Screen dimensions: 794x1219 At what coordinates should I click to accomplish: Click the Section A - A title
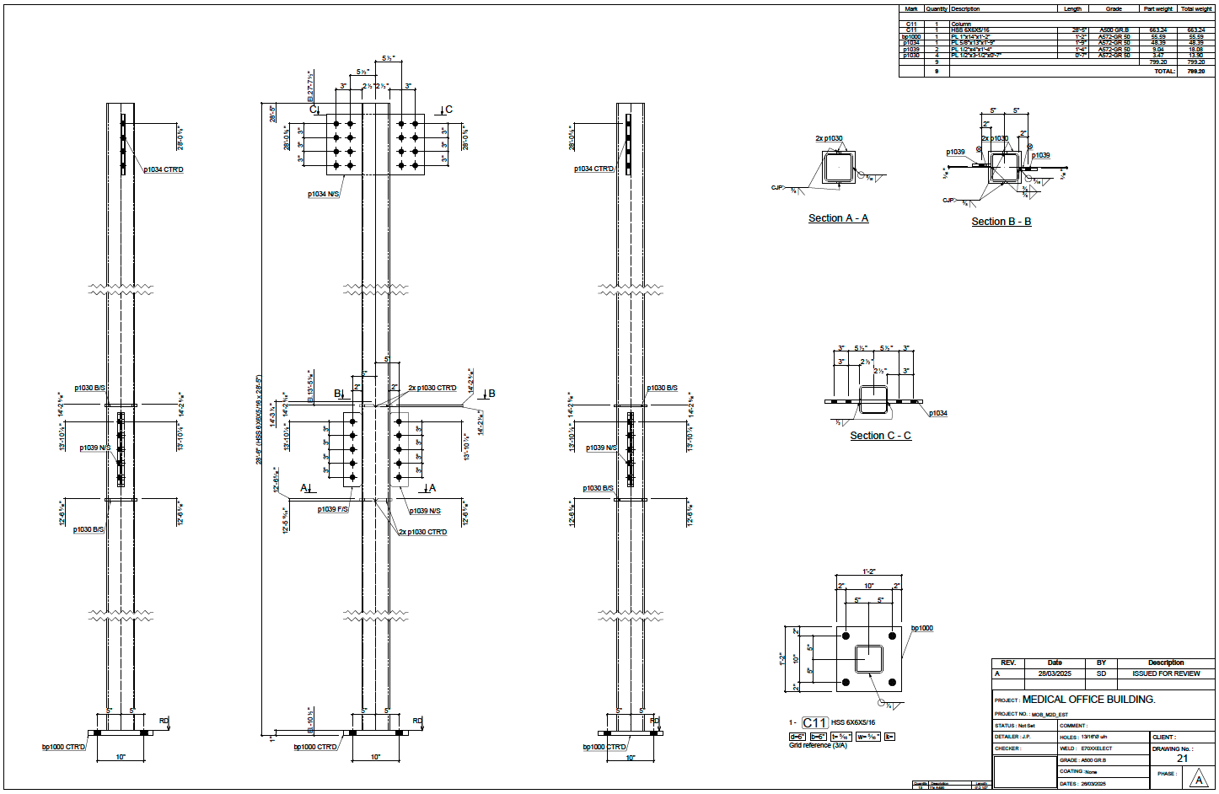coord(838,218)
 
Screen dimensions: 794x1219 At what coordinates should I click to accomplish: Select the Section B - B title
coord(1001,222)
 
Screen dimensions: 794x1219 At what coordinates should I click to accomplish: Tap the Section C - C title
coord(880,436)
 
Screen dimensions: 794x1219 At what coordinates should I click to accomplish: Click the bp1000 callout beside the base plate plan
coord(921,628)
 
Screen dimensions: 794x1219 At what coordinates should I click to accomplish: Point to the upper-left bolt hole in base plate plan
coord(846,636)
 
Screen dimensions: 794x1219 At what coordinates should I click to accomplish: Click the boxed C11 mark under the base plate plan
coord(814,722)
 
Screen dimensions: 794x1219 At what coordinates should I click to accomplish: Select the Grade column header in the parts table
coord(1114,8)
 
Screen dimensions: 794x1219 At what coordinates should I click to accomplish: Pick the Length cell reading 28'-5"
coord(1080,30)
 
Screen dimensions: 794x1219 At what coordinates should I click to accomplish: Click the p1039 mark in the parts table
coord(911,49)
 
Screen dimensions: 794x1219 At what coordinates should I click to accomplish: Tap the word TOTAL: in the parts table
coord(1164,72)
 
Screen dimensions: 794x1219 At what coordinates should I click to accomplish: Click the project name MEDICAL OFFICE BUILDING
coord(1088,700)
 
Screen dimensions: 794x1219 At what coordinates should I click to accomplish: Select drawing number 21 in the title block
coord(1182,759)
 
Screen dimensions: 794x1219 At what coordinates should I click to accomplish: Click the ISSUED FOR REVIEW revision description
coord(1166,673)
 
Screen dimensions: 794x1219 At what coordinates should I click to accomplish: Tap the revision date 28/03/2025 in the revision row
coord(1055,673)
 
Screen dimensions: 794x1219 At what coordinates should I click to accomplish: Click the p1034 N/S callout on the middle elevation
coord(324,194)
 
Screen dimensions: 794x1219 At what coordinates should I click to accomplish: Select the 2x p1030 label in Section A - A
coord(829,138)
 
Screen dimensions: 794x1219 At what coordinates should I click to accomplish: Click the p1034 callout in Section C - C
coord(938,413)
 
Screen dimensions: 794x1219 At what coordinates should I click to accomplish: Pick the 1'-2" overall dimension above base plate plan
coord(868,572)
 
